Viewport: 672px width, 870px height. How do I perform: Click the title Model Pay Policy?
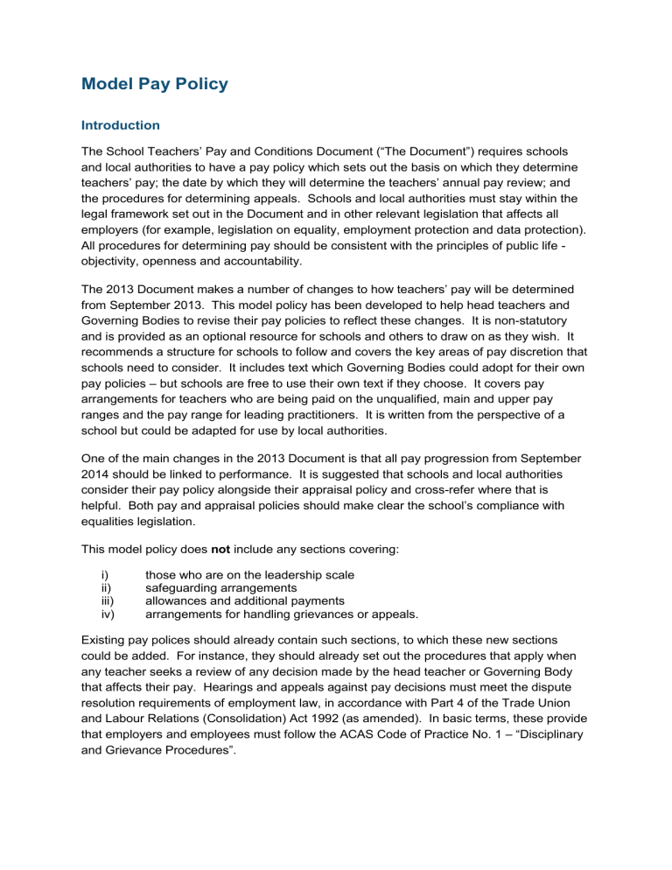154,84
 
